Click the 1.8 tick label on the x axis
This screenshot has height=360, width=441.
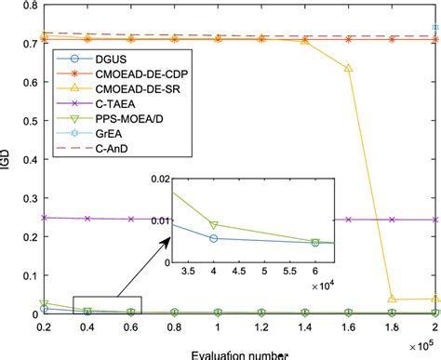(x=391, y=331)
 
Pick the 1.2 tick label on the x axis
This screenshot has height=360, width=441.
(x=261, y=331)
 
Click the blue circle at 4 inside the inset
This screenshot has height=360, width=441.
(x=215, y=238)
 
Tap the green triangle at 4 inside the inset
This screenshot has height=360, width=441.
(x=215, y=225)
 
